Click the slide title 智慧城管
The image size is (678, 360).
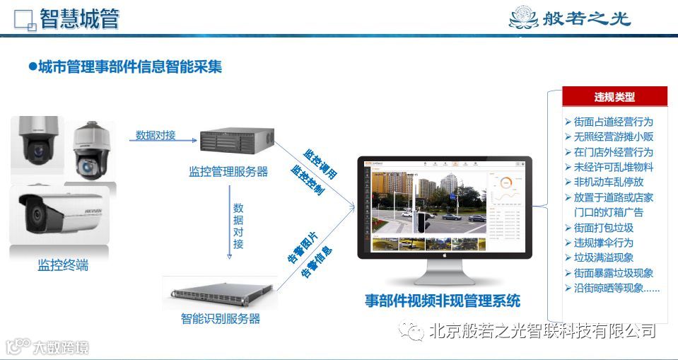click(x=78, y=19)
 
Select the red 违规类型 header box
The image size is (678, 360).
click(x=614, y=97)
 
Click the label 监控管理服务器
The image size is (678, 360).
click(x=228, y=171)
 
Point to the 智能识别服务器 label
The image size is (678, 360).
click(x=221, y=319)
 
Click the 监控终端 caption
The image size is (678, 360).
click(x=64, y=266)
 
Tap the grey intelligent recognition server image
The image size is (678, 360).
click(x=221, y=292)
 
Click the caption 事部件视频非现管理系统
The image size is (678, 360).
click(x=443, y=301)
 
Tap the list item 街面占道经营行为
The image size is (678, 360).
click(x=613, y=122)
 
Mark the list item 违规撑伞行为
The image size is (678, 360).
click(x=603, y=243)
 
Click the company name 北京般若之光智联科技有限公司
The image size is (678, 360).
click(x=542, y=330)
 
